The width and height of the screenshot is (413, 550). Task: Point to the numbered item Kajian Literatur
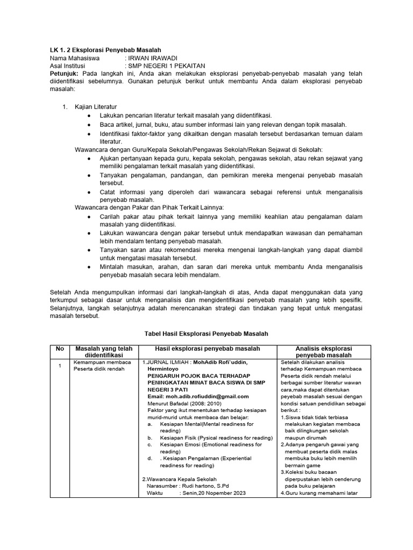click(x=96, y=107)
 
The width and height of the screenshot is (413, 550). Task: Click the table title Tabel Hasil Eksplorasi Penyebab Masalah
click(x=206, y=334)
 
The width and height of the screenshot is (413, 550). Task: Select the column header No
click(x=60, y=349)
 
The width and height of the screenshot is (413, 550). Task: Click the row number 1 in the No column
click(x=60, y=366)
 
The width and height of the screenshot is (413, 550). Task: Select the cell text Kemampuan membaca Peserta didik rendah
click(x=102, y=366)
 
